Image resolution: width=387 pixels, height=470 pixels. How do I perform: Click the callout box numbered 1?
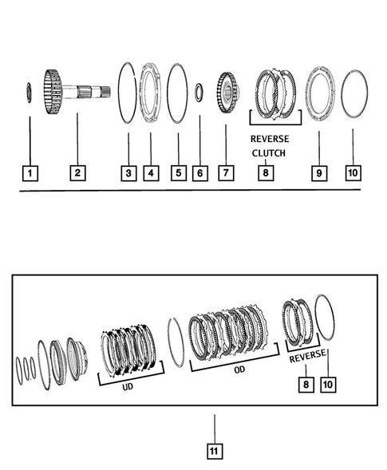tap(30, 172)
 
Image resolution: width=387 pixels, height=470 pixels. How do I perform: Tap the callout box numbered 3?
tap(128, 172)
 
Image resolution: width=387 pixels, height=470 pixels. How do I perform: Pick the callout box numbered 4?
tap(148, 172)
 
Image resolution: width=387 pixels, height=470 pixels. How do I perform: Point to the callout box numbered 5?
tap(177, 172)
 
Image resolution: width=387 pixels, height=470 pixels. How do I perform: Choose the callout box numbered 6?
tap(201, 172)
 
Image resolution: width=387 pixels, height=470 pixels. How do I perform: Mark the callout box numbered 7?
tap(225, 172)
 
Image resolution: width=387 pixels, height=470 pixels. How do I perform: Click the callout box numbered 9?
tap(318, 172)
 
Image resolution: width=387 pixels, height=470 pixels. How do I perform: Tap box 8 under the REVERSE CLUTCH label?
tap(264, 172)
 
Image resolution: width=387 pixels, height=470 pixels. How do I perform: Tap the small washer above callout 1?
tap(30, 92)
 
